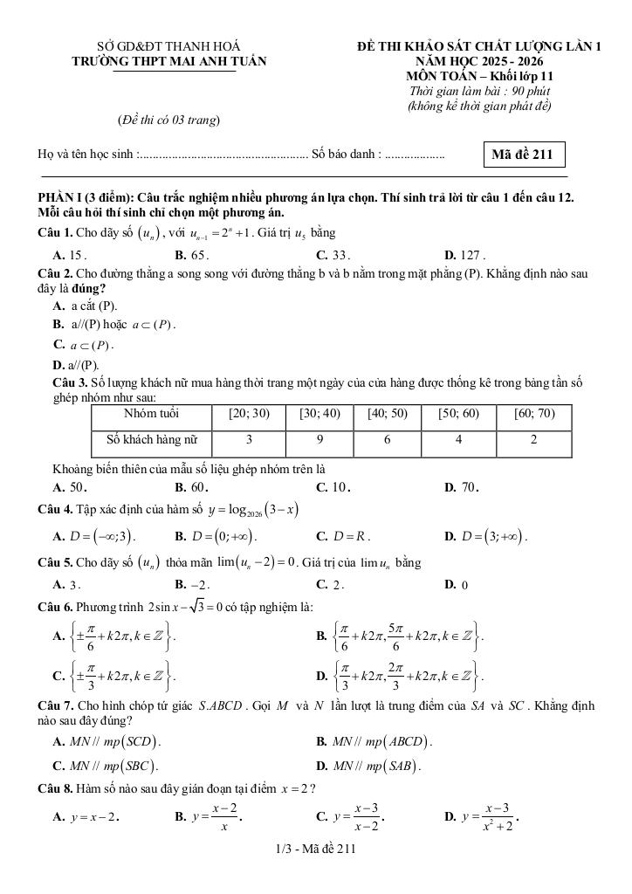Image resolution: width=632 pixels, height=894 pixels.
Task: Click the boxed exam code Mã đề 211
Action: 523,155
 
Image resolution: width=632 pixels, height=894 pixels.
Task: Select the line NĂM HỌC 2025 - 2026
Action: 479,61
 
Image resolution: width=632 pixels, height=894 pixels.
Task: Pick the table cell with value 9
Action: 319,441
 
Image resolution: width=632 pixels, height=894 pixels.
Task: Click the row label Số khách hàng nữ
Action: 153,441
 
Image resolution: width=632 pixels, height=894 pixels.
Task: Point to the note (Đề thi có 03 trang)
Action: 168,120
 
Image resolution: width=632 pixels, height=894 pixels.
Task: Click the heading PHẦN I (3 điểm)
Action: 87,199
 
